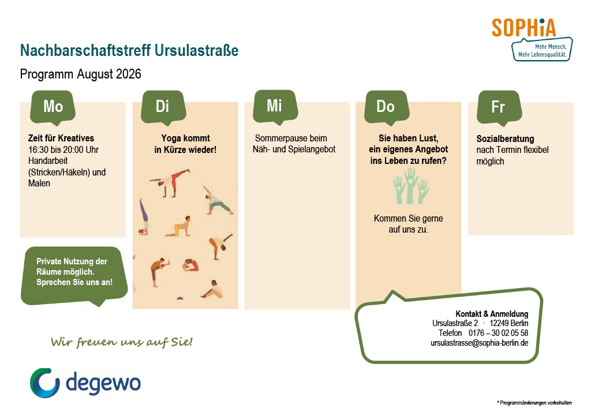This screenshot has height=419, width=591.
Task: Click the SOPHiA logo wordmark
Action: [x=523, y=28]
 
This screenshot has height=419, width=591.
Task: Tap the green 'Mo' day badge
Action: [x=53, y=107]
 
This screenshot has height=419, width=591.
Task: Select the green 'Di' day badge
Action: [x=163, y=107]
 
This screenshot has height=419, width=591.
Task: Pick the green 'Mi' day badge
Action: [x=275, y=107]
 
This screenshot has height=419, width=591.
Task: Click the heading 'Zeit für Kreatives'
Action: [x=61, y=139]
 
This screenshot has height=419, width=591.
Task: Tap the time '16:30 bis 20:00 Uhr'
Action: [x=63, y=149]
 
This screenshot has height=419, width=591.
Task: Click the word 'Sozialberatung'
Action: [x=505, y=139]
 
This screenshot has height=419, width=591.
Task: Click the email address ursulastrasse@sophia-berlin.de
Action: [x=480, y=343]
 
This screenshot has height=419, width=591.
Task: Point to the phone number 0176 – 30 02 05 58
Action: [x=498, y=333]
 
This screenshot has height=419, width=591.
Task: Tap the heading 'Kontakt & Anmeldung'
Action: [x=492, y=314]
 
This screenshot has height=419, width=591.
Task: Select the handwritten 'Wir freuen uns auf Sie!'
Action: [x=121, y=342]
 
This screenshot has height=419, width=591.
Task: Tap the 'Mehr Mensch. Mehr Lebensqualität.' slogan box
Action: [x=542, y=50]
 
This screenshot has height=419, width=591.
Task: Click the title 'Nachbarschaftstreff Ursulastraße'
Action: [x=129, y=50]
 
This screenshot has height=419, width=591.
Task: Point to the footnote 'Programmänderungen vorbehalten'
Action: [x=536, y=403]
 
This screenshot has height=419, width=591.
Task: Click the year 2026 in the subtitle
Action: [x=129, y=74]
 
